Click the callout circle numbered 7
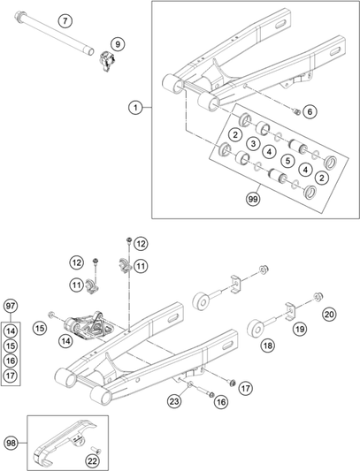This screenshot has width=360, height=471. [64, 19]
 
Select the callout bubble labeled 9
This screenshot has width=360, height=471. [119, 42]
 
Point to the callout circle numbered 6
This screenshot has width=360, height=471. [309, 111]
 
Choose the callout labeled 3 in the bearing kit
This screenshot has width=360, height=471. [253, 143]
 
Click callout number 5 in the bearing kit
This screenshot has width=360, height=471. [287, 160]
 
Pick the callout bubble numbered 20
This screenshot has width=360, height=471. [328, 314]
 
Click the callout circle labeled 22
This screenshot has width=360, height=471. [92, 460]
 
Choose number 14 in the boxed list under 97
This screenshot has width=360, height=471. [11, 330]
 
